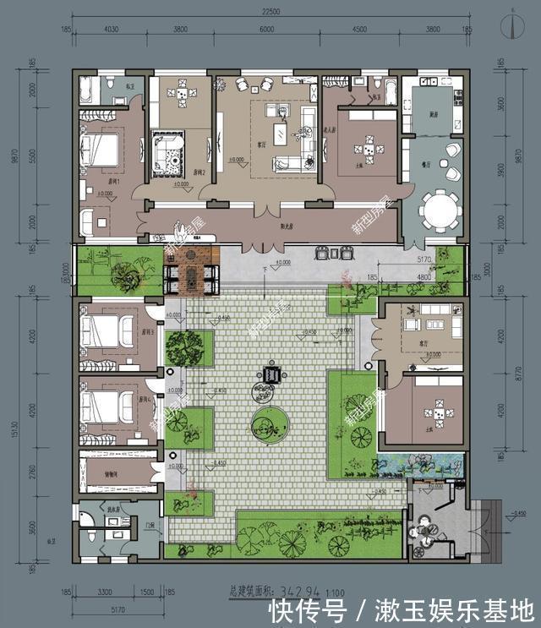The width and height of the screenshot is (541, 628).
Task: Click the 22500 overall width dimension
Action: [270, 11]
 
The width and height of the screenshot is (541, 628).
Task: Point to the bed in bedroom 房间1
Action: [100, 151]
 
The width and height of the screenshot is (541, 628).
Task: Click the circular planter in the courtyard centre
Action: [269, 425]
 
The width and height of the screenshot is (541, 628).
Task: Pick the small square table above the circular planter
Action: [272, 374]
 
